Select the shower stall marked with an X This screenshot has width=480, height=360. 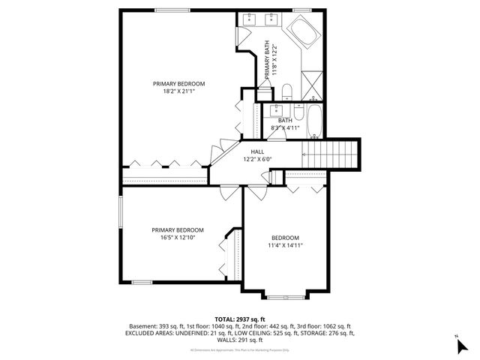310,84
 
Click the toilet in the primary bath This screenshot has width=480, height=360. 288,91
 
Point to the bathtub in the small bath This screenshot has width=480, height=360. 314,122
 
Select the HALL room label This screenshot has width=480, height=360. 257,151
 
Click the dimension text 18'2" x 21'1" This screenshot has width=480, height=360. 178,91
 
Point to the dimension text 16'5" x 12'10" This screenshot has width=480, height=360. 177,238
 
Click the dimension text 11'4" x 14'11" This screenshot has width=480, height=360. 285,245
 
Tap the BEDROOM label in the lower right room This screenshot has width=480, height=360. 285,237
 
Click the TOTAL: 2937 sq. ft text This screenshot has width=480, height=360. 240,319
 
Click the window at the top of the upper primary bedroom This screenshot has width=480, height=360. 172,10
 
